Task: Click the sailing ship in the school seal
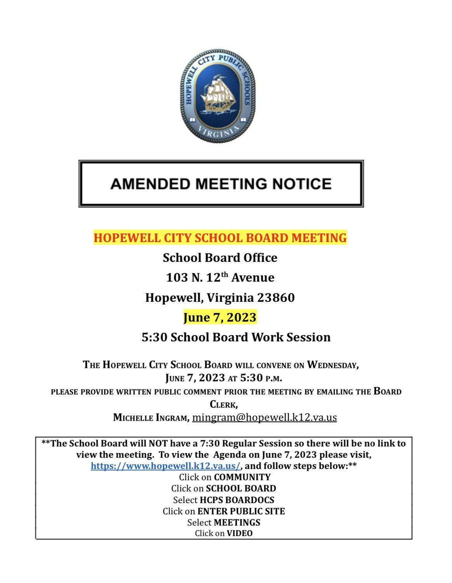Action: pos(217,93)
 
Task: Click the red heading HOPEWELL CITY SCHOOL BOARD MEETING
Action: pos(220,237)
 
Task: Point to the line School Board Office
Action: pos(220,258)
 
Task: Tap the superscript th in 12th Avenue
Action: pos(224,275)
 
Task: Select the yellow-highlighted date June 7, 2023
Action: pos(220,317)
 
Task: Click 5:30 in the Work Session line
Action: pos(154,337)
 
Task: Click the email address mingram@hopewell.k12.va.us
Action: pos(264,417)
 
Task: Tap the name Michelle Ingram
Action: pos(151,418)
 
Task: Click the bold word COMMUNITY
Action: pos(242,477)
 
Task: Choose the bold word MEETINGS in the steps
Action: pos(237,522)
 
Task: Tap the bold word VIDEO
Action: pos(240,533)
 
